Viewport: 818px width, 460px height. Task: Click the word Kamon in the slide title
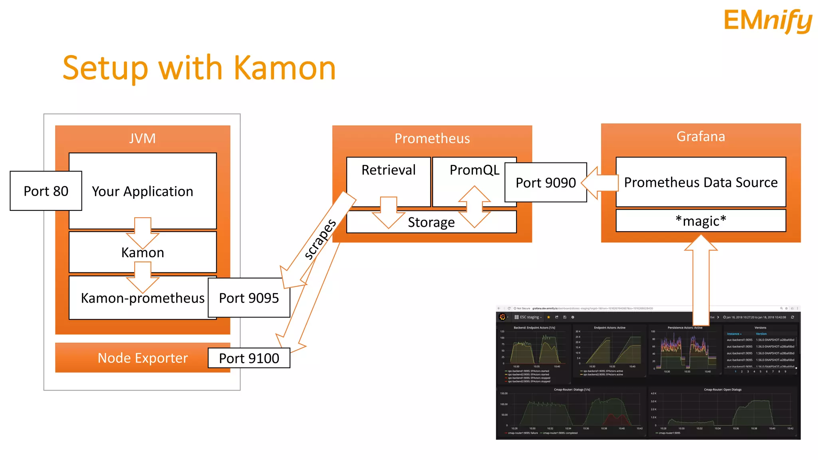tap(284, 68)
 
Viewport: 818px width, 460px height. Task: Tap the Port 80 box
tap(46, 191)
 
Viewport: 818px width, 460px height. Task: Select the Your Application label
tap(143, 191)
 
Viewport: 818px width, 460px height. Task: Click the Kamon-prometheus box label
tap(143, 298)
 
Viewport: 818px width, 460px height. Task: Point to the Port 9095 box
tap(249, 298)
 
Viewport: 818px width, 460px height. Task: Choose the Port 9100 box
tap(249, 358)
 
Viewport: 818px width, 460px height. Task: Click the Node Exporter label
tap(143, 358)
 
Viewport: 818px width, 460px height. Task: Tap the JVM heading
tap(143, 138)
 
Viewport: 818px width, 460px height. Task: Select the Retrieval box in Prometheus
tap(388, 170)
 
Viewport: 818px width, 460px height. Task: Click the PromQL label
tap(474, 170)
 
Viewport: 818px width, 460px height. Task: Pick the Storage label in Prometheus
tap(431, 222)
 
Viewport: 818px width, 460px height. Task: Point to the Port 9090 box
tap(546, 182)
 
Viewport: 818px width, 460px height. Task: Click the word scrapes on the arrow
tap(320, 239)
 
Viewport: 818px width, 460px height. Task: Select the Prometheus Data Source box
tap(701, 182)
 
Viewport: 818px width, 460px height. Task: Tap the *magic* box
tap(701, 220)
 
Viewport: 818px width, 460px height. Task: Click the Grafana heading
tap(701, 137)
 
